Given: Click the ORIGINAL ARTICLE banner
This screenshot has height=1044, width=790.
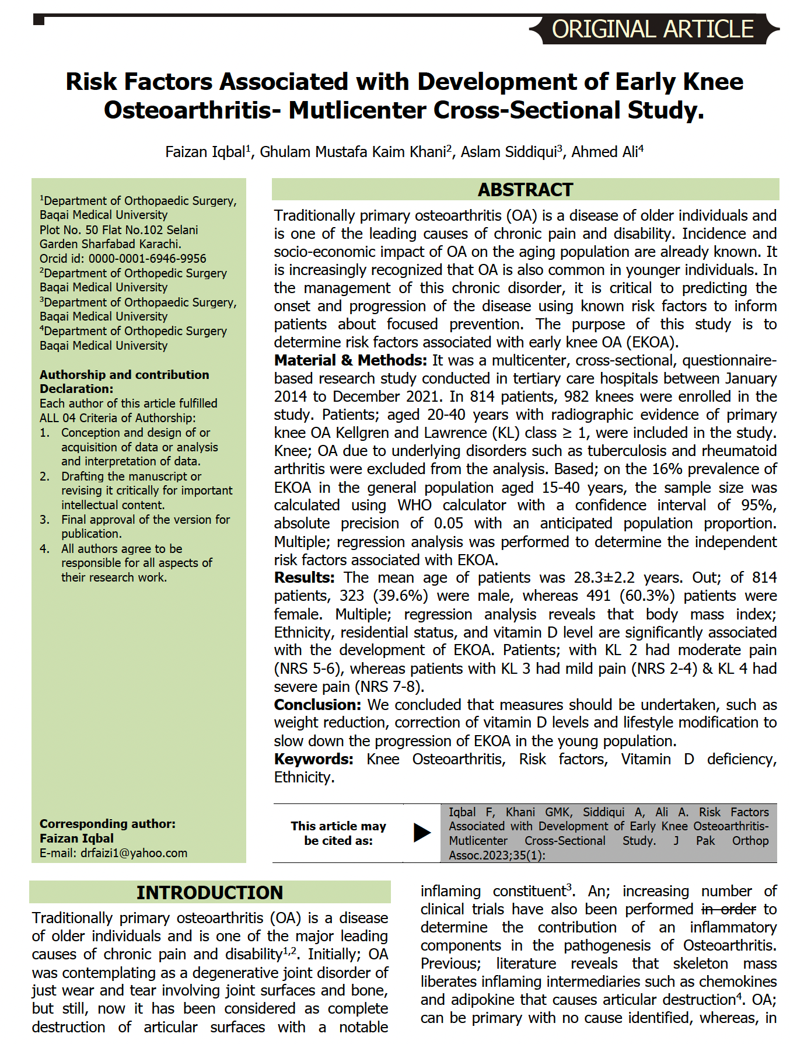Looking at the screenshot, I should click(x=653, y=29).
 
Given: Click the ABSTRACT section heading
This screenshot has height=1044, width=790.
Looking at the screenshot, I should click(x=525, y=190).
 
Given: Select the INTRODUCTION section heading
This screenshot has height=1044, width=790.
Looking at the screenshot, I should click(x=209, y=892).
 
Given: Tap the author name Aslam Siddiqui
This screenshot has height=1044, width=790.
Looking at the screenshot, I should click(x=510, y=152).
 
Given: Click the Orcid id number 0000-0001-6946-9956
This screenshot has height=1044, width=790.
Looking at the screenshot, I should click(x=147, y=259).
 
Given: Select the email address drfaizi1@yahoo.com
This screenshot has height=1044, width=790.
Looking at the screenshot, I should click(x=134, y=853).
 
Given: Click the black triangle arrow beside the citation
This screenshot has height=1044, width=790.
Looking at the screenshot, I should click(x=422, y=832).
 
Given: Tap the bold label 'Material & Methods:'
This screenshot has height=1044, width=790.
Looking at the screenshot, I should click(x=351, y=360).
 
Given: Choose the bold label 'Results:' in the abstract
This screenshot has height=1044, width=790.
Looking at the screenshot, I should click(x=304, y=577).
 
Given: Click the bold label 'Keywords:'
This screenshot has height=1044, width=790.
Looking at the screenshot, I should click(x=313, y=759).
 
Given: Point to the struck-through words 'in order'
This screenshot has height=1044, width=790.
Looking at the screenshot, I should click(x=728, y=909).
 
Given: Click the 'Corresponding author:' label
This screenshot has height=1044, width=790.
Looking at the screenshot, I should click(x=107, y=824).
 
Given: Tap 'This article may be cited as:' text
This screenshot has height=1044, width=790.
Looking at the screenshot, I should click(x=338, y=833).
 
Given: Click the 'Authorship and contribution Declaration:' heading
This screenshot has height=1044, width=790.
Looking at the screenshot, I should click(x=124, y=382).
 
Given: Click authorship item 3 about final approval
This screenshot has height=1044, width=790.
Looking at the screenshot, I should click(x=145, y=526).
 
